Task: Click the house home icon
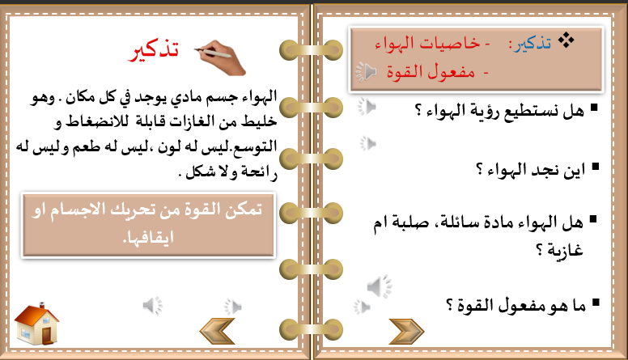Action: [36, 324]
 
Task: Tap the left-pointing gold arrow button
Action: [217, 331]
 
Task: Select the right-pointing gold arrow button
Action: [406, 332]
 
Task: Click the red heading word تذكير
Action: [153, 51]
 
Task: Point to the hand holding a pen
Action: [220, 57]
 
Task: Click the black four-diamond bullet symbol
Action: [566, 40]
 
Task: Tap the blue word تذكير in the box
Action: [530, 44]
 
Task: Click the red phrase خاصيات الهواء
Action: [427, 43]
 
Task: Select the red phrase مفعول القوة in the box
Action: [431, 72]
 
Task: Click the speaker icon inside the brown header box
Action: [366, 72]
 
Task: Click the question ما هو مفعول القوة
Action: [516, 306]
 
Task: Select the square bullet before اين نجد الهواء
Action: [595, 166]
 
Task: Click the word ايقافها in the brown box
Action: [148, 238]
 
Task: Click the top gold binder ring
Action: [311, 50]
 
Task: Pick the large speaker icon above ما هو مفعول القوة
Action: [379, 286]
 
